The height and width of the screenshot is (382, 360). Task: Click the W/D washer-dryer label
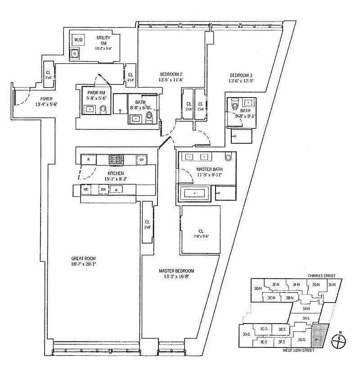79,40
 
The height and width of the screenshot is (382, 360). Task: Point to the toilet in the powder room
103,109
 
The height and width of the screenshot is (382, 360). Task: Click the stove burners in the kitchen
116,159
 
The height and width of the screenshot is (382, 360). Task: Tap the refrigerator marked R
89,160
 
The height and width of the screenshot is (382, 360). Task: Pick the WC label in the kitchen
85,189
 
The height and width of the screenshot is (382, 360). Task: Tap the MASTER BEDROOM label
176,274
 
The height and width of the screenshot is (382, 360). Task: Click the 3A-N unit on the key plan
306,308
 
